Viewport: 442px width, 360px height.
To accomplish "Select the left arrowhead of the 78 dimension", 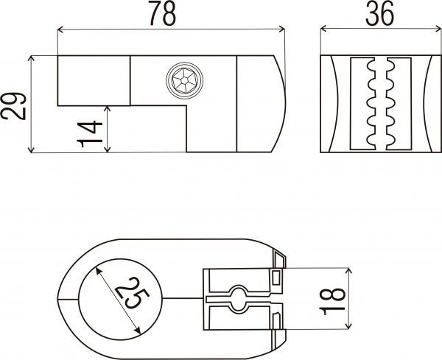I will [x=60, y=30].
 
